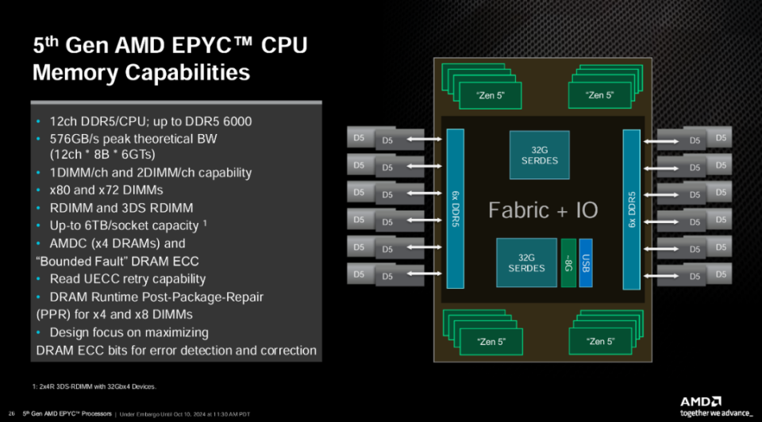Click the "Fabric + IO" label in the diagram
[x=543, y=210]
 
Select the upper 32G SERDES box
[x=539, y=154]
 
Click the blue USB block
[x=585, y=263]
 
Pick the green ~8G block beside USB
[x=568, y=263]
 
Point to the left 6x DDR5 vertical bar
[x=455, y=209]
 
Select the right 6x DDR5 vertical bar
[x=631, y=209]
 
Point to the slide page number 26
[x=11, y=412]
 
